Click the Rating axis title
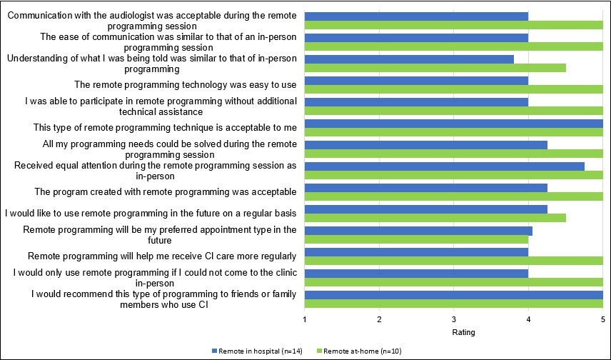[464, 332]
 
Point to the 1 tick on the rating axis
[305, 319]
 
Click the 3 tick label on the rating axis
[454, 319]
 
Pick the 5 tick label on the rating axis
[602, 319]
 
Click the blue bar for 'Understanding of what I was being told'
[409, 59]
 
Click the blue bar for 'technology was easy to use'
[416, 81]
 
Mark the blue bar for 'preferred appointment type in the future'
[418, 231]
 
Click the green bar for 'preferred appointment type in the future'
[416, 239]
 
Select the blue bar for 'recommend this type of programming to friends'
[454, 295]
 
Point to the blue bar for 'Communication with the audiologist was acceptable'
[416, 16]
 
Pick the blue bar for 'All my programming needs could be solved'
[426, 145]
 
